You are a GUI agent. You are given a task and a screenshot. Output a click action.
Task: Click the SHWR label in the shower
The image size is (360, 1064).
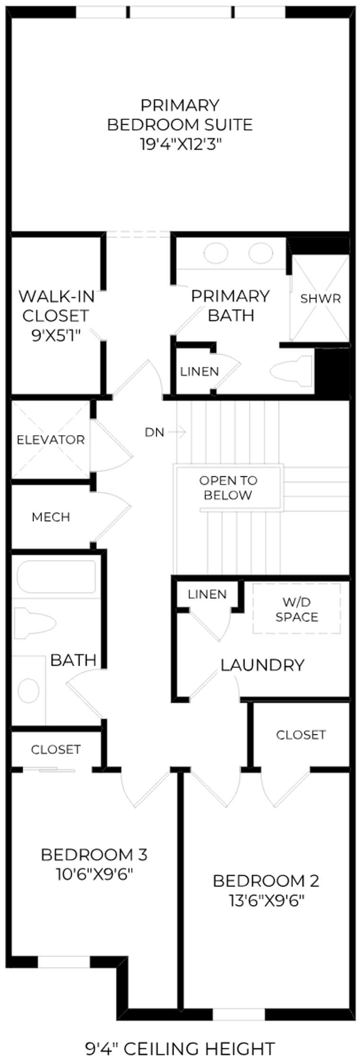320,298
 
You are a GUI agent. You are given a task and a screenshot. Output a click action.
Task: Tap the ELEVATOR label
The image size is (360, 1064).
51,440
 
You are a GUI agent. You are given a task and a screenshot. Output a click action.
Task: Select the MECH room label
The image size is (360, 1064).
51,517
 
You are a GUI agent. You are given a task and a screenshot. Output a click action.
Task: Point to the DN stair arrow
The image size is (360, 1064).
177,431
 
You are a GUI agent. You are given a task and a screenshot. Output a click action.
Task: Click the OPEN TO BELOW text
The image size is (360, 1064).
228,488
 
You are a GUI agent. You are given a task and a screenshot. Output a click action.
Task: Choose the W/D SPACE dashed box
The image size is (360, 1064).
297,609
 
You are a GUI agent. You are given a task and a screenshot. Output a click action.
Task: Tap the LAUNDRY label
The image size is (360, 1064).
262,665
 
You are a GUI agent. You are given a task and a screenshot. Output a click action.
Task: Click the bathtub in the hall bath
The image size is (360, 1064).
56,576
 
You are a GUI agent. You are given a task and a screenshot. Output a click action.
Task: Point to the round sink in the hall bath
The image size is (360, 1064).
28,690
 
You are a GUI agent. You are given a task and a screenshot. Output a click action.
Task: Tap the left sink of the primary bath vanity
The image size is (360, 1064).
216,253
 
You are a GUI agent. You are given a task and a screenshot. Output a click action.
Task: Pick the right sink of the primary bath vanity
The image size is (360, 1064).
261,253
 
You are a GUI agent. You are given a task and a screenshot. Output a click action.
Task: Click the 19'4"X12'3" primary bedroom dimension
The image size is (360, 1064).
180,144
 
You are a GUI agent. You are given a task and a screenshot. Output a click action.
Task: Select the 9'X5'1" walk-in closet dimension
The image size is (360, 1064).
56,335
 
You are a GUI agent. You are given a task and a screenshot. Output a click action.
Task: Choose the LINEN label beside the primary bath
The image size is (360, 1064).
199,372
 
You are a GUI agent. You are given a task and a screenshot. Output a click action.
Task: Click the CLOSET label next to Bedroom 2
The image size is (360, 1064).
301,734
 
